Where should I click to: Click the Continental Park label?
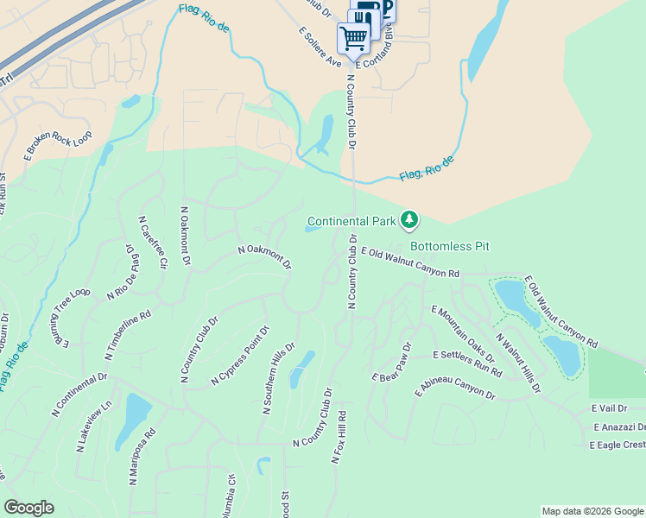351,221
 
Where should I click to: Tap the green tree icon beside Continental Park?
409,222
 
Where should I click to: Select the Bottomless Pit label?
449,246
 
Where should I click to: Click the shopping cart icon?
353,38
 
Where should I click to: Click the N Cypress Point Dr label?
241,356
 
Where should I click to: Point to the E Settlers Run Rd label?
467,364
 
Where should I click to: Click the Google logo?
28,508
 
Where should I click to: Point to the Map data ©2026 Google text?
592,511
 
